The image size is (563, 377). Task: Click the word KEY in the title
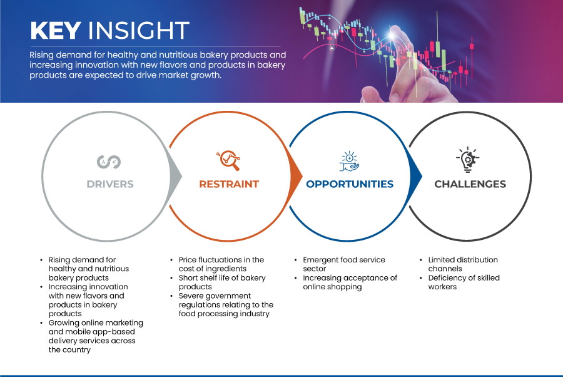56,30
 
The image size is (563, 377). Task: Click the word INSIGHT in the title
139,30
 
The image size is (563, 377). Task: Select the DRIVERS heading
110,184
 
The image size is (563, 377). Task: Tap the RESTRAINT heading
229,184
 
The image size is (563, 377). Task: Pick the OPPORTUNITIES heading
350,184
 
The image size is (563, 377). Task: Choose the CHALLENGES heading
470,184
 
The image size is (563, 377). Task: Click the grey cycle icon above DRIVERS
109,162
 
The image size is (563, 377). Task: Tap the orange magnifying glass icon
228,160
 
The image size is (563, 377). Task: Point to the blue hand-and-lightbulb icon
349,162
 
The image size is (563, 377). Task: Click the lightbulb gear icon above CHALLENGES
468,160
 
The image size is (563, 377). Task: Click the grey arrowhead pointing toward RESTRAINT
176,176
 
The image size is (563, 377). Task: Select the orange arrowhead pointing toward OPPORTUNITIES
297,176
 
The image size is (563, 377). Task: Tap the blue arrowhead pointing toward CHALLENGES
416,176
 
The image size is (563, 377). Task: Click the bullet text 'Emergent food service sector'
344,264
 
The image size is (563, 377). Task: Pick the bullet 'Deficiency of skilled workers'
464,282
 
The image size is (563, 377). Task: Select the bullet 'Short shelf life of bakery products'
222,282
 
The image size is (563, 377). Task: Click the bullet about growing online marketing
96,336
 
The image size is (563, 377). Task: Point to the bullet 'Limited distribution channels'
463,264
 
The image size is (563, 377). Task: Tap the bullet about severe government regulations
226,305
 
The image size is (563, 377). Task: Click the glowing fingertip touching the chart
392,35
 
